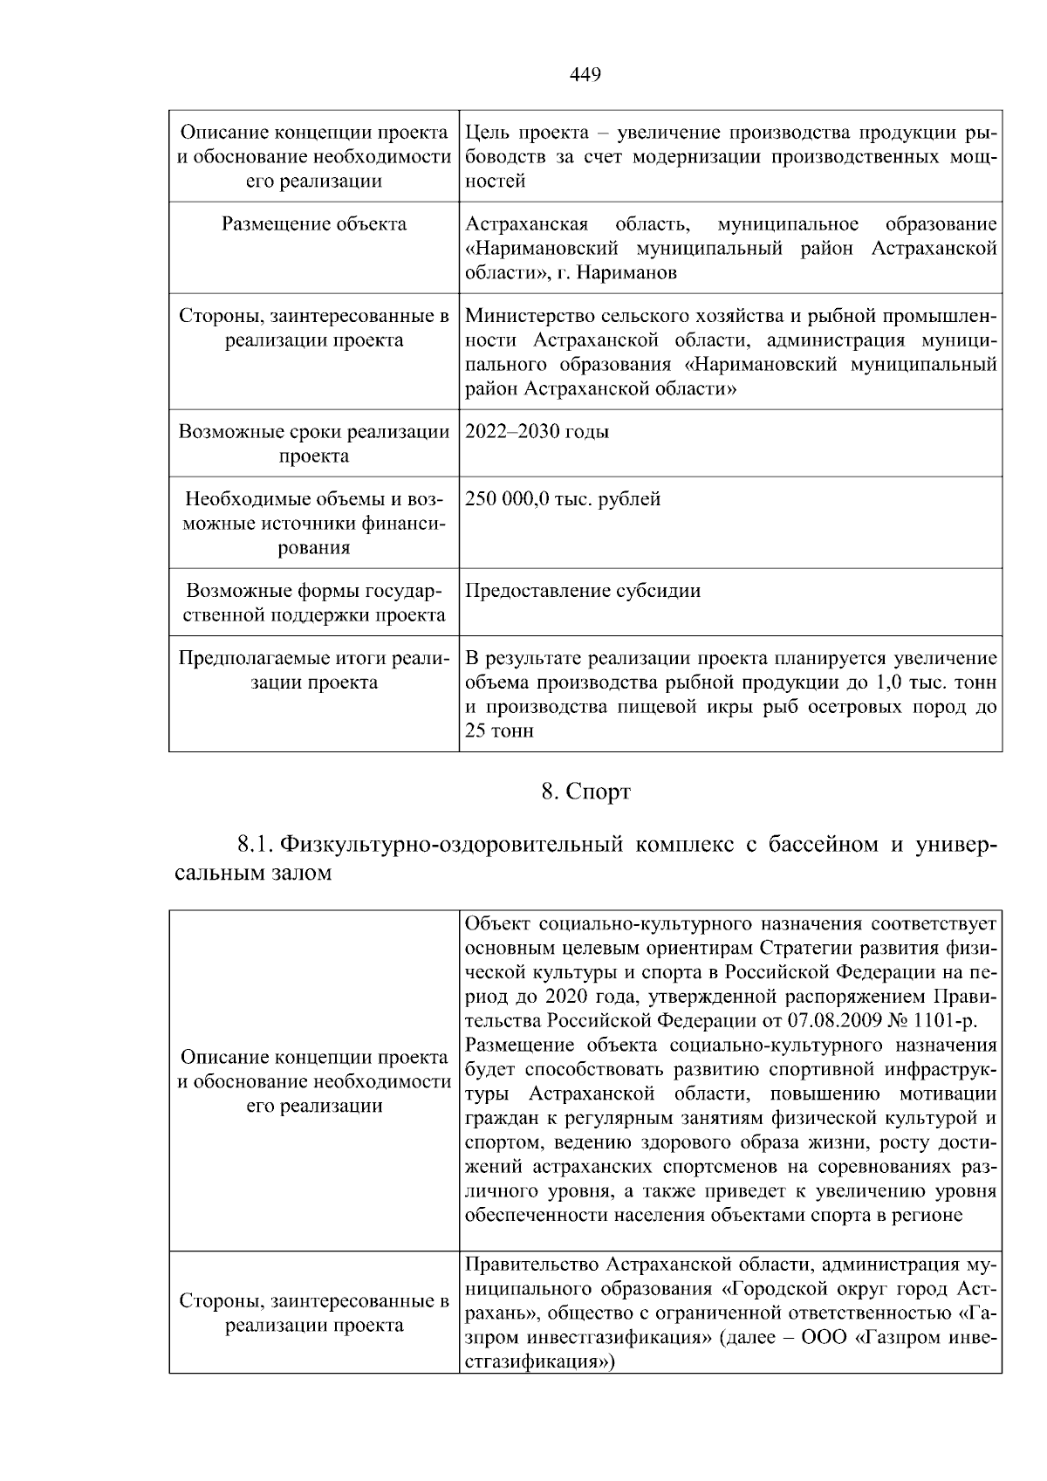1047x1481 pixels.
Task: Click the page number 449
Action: (585, 75)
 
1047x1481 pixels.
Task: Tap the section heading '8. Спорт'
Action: (585, 792)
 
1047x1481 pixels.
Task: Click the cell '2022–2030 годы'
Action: (537, 432)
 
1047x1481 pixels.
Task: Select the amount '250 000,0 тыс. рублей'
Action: (563, 499)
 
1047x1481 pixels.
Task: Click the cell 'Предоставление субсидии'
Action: (583, 591)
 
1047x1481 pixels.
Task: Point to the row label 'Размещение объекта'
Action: (314, 224)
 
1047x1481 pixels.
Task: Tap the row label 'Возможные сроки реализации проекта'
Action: (314, 443)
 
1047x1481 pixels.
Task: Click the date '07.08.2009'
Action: (837, 1020)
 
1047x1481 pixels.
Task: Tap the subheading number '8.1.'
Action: (256, 845)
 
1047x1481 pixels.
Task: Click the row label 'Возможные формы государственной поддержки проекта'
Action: (314, 602)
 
